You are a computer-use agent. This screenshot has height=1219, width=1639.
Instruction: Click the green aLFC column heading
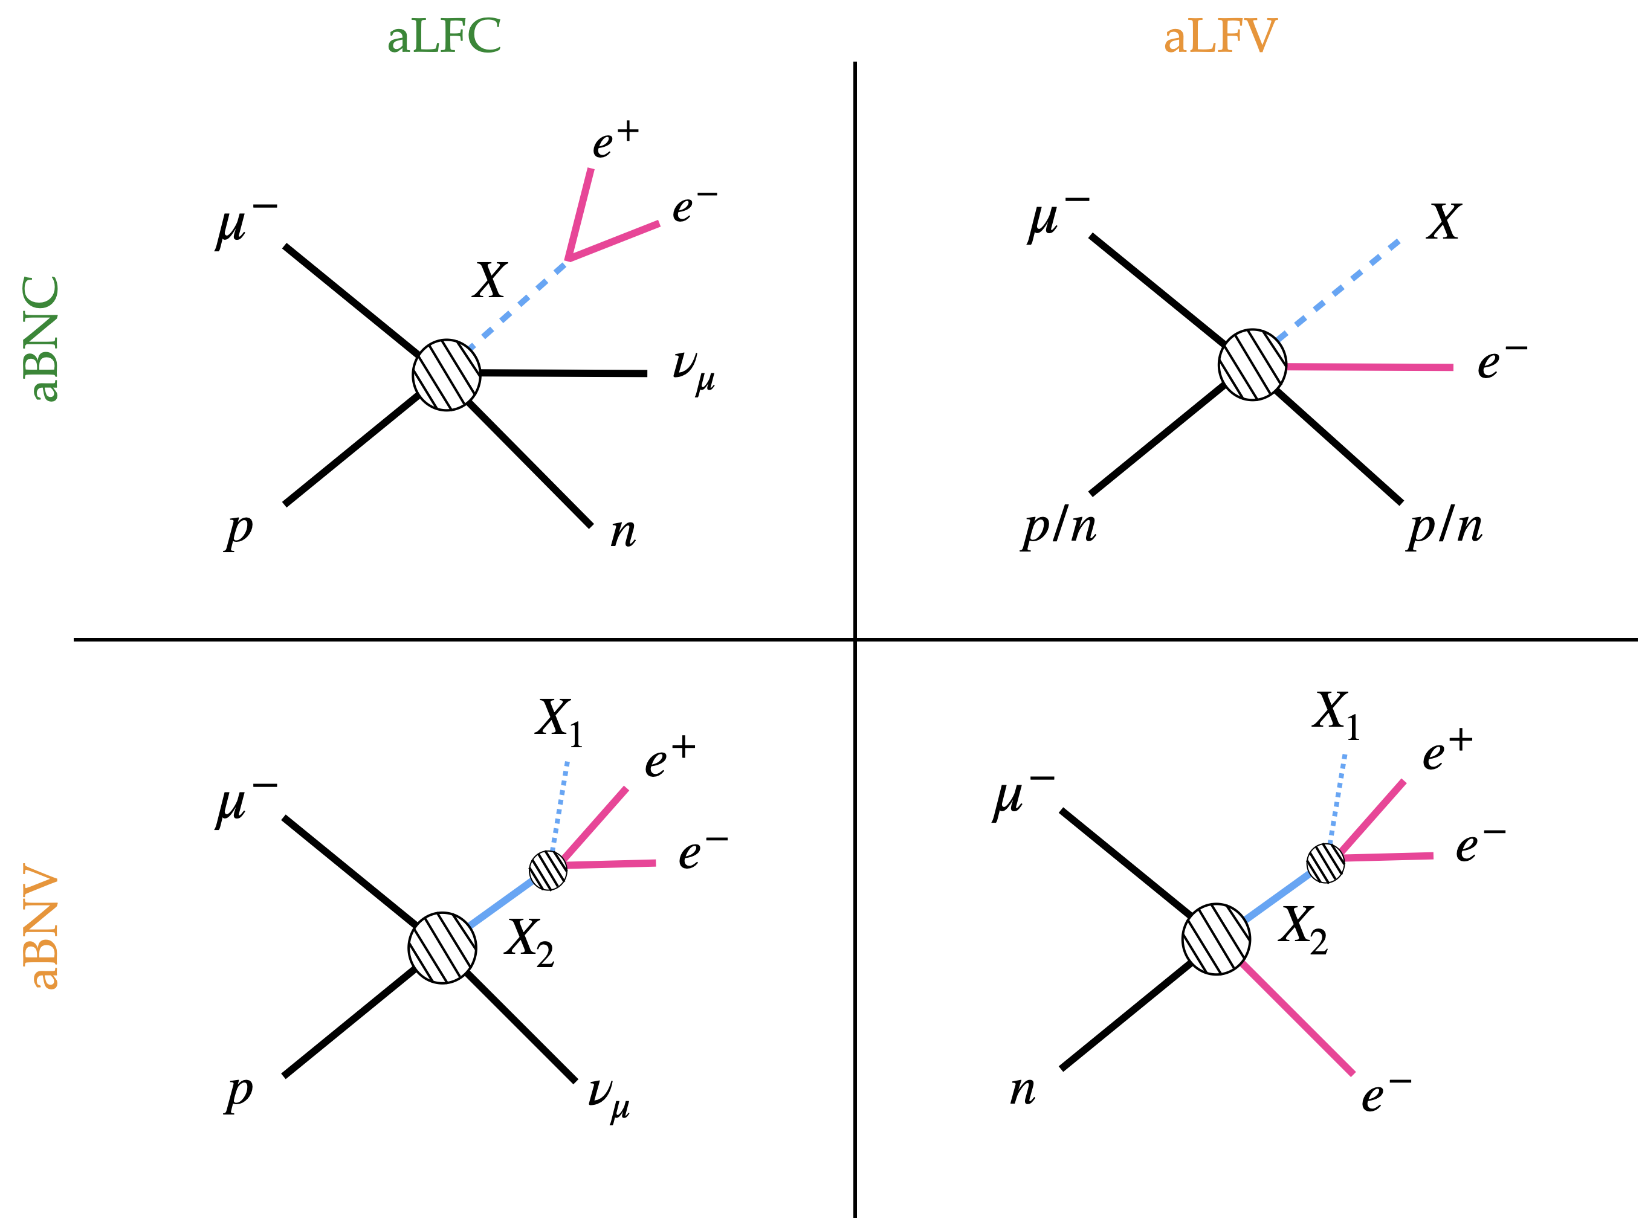[x=444, y=37]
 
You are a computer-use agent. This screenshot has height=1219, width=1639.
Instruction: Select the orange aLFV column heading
[x=1220, y=37]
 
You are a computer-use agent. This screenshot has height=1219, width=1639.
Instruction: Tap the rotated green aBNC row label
[x=41, y=339]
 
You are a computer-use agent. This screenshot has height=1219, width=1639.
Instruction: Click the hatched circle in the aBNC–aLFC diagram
[x=447, y=375]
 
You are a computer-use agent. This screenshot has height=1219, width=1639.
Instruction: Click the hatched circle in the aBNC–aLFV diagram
[x=1252, y=364]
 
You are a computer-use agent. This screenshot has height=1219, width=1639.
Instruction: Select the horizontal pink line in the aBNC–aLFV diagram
[x=1369, y=367]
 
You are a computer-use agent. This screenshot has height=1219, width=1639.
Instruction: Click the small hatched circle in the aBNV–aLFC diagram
[x=548, y=870]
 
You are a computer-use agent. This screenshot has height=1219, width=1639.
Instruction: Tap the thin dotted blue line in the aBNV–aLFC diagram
[x=560, y=806]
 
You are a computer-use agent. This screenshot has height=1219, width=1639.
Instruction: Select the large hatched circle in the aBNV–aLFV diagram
[x=1216, y=939]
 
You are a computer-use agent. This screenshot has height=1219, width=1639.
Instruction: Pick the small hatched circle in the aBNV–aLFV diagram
[x=1325, y=863]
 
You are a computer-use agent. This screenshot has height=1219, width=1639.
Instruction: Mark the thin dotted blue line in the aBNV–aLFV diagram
[x=1337, y=799]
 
